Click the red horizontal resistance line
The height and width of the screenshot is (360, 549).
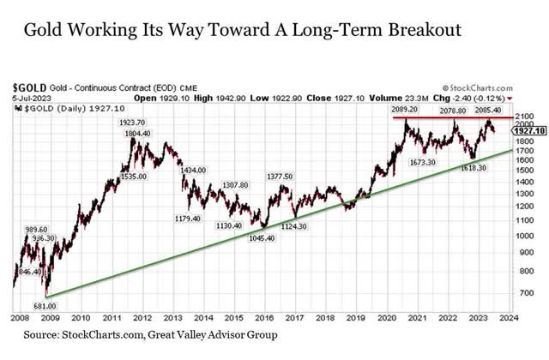[446, 117]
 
